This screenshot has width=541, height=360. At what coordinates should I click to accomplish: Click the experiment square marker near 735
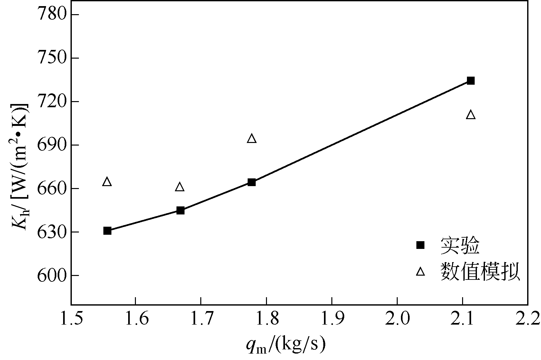tap(470, 81)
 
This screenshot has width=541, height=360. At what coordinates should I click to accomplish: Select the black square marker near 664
tap(252, 182)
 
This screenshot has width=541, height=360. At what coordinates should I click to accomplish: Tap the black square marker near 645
tap(180, 211)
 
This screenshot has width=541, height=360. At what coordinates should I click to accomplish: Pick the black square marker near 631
tap(107, 231)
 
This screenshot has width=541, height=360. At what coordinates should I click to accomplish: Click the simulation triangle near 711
tap(470, 115)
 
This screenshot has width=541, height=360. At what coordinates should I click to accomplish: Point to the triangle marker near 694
tap(252, 139)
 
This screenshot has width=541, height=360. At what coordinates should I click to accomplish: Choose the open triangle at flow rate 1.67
tap(180, 187)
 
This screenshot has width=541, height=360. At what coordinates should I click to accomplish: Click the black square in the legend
tap(420, 245)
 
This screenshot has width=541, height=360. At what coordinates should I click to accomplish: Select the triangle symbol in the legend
tap(420, 272)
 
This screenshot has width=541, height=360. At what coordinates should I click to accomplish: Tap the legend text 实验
tap(460, 246)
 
